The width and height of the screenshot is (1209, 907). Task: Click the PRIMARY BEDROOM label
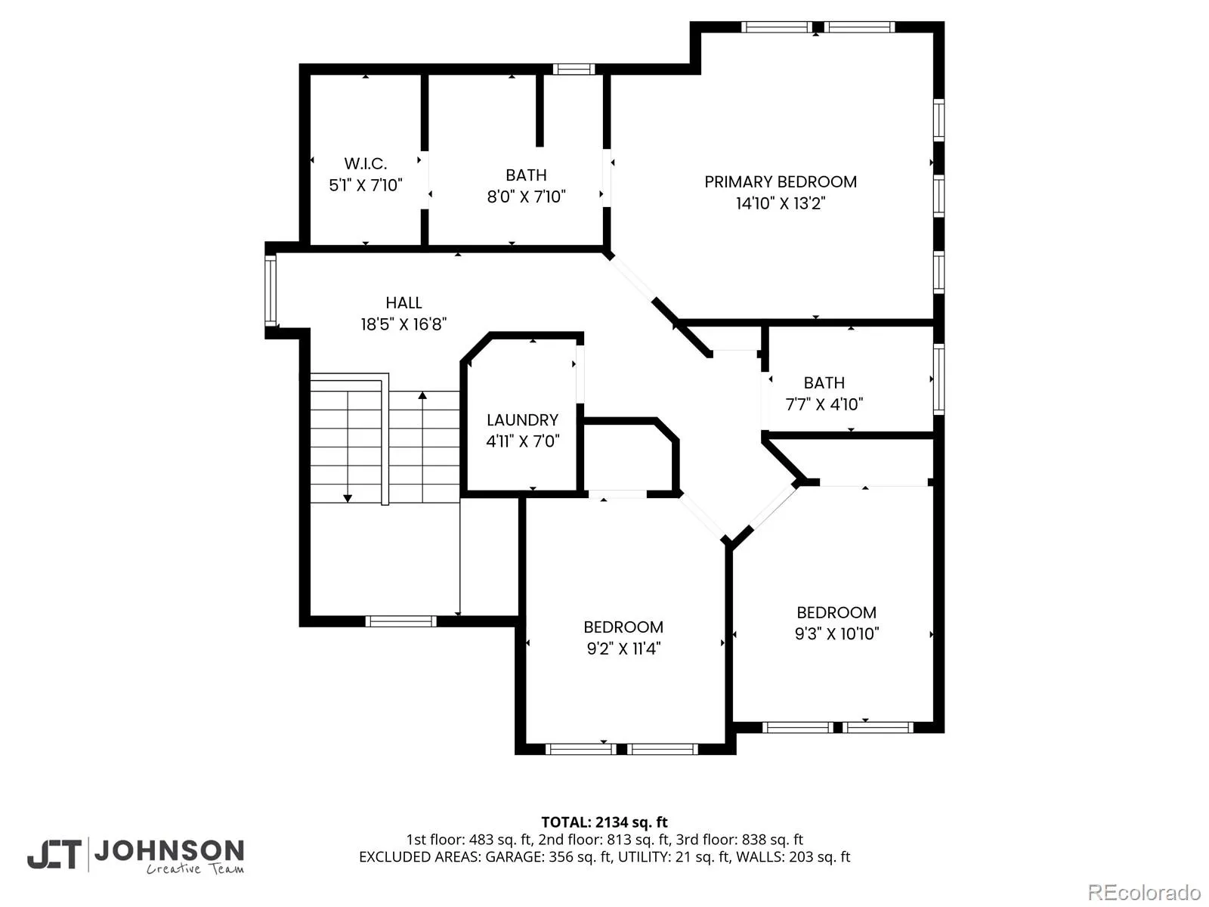(x=780, y=181)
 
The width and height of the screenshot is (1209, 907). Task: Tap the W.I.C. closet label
(x=365, y=163)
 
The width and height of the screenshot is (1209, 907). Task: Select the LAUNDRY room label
(x=522, y=420)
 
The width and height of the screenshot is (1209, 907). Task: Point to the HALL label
(x=404, y=303)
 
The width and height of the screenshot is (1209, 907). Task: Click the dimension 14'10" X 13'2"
(x=780, y=203)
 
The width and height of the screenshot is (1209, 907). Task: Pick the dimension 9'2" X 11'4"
(x=623, y=649)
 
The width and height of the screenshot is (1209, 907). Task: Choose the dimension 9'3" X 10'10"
(x=836, y=634)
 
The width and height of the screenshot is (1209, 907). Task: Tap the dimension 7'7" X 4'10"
(x=824, y=405)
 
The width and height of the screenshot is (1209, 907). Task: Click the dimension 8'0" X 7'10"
(x=526, y=197)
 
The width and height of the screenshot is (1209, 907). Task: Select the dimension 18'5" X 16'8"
(x=404, y=324)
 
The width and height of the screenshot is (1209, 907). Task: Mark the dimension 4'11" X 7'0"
(x=522, y=441)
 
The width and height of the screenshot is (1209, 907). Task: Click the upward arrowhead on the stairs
(x=422, y=395)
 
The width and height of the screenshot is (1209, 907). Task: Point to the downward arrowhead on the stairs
(x=348, y=498)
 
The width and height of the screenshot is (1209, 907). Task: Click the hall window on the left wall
(x=271, y=290)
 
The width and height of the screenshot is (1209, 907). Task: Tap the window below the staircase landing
(x=400, y=622)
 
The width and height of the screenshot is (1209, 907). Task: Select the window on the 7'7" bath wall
(x=938, y=379)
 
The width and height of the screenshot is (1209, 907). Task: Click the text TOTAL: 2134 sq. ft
(x=604, y=822)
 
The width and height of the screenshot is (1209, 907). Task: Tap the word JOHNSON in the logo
(x=169, y=851)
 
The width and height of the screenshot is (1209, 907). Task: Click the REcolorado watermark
(x=1145, y=892)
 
